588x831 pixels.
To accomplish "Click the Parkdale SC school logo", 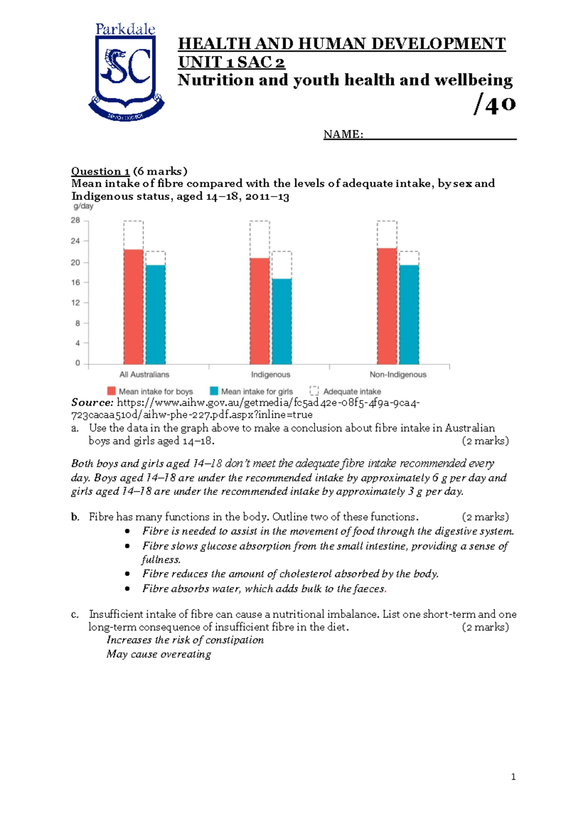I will (x=126, y=72).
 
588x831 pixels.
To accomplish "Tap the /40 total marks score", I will (x=495, y=104).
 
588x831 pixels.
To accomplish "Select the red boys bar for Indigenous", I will (x=260, y=311).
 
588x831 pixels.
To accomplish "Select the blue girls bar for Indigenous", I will (x=282, y=321).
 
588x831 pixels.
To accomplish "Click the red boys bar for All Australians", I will (x=133, y=306).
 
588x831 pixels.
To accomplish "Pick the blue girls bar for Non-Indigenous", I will (x=409, y=314).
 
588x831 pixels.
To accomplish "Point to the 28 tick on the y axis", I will (x=75, y=220).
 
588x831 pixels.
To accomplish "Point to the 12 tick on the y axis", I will (x=75, y=303).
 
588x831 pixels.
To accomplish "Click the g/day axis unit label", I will (x=83, y=206).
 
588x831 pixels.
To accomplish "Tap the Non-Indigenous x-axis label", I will (x=398, y=375).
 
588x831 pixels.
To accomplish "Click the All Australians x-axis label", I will (x=144, y=375).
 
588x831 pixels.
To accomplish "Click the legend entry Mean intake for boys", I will (x=150, y=391).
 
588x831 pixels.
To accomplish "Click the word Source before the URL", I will (x=92, y=403).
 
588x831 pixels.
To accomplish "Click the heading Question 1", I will (x=100, y=171).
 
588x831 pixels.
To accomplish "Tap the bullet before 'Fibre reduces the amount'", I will (x=127, y=574).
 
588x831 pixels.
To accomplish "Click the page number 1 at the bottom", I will (x=513, y=777).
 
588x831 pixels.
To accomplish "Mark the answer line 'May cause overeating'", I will (x=159, y=654).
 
